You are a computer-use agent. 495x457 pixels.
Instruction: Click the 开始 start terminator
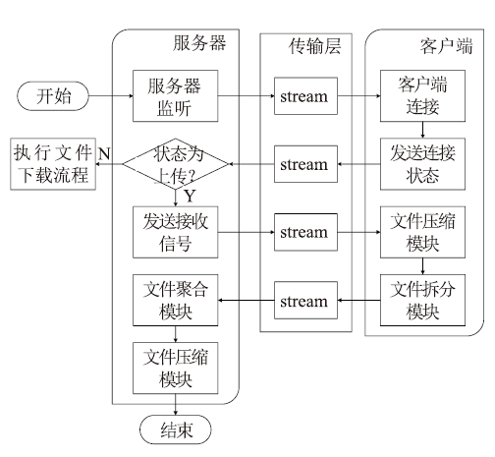tap(53, 96)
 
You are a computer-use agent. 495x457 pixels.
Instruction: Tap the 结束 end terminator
tap(176, 429)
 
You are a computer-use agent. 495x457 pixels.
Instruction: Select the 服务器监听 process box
tap(176, 96)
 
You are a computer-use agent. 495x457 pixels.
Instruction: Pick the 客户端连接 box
tap(422, 96)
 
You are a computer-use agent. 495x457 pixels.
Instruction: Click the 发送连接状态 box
tap(422, 164)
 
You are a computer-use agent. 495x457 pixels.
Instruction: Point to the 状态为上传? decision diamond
tap(176, 164)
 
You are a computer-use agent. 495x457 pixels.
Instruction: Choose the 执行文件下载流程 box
tap(53, 164)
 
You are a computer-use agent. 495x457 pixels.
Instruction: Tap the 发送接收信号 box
tap(176, 232)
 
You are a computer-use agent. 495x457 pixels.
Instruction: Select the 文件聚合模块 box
tap(176, 300)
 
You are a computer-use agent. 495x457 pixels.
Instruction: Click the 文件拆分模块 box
tap(422, 300)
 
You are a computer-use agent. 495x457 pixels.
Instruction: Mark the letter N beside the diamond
tap(104, 153)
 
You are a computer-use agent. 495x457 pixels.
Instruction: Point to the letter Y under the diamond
tap(190, 197)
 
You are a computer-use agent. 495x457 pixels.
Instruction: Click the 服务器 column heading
tap(199, 43)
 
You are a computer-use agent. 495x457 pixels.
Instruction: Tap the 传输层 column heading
tap(314, 46)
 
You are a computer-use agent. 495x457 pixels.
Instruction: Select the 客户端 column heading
tap(446, 46)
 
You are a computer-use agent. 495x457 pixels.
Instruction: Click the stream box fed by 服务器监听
tap(305, 96)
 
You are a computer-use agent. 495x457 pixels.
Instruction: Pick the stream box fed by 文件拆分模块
tap(305, 300)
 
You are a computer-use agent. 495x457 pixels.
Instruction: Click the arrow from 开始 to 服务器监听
tap(111, 96)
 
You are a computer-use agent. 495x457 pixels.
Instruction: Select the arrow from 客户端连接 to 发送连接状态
tap(422, 130)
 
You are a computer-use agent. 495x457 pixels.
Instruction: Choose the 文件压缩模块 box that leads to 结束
tap(176, 369)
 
